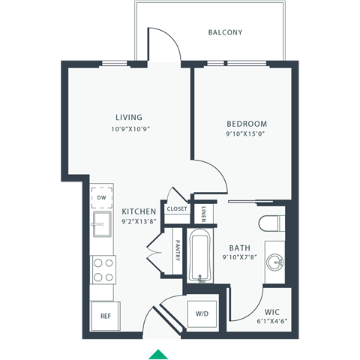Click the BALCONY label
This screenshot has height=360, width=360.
[225, 32]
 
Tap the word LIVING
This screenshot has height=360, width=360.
[129, 117]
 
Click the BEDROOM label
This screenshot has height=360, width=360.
[247, 124]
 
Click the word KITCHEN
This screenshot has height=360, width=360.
[139, 211]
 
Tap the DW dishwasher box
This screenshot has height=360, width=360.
[101, 197]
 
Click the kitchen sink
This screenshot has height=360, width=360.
[101, 223]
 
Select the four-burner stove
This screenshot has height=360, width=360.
[102, 268]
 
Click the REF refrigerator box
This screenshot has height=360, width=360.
[105, 316]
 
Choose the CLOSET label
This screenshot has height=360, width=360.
[177, 209]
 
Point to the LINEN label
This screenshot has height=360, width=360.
[204, 214]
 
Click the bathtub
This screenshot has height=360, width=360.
[200, 255]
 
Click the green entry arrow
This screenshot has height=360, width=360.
[158, 354]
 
